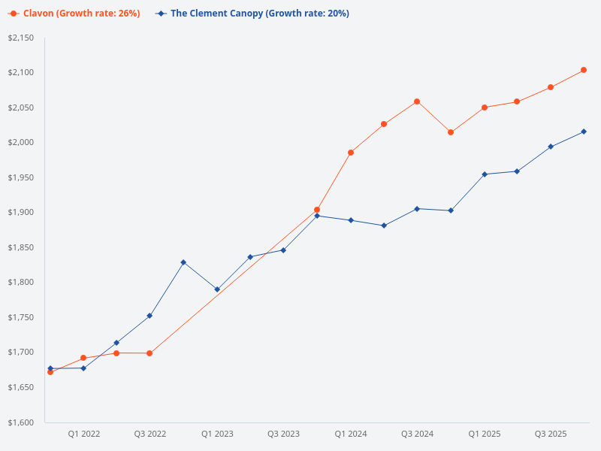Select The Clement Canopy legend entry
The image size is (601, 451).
tap(253, 14)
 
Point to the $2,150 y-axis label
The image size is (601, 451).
tap(22, 38)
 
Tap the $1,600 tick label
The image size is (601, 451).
tap(22, 422)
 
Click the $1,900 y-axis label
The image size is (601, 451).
tap(22, 213)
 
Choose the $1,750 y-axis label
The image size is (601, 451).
tap(22, 317)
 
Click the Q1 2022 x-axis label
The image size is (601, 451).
tap(83, 434)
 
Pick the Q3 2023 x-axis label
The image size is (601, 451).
tap(283, 434)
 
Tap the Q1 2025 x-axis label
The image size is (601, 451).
tap(485, 434)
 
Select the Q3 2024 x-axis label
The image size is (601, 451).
tap(417, 434)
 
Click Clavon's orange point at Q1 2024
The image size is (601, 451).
tap(351, 153)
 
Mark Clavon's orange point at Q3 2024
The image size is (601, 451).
tap(417, 101)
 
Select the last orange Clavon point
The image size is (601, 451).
tap(584, 70)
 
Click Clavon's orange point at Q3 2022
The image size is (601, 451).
tap(149, 353)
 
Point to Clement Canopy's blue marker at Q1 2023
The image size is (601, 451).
tap(217, 289)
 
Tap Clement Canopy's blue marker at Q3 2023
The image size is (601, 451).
tap(283, 250)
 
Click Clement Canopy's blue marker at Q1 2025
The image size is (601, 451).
tap(485, 174)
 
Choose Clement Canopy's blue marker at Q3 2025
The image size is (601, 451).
tap(551, 147)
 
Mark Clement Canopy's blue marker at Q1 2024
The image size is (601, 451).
tap(351, 220)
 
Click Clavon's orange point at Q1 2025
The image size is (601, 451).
tap(485, 107)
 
